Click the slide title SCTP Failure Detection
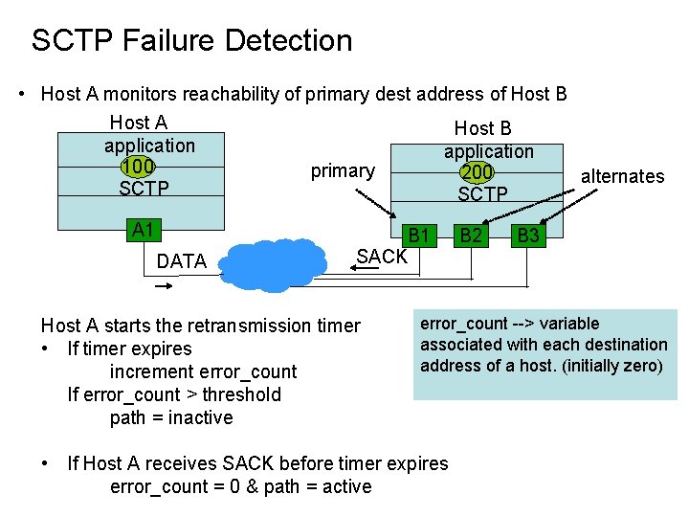(191, 41)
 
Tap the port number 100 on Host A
(139, 167)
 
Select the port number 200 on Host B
(476, 172)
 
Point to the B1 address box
(419, 235)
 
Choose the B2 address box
(470, 235)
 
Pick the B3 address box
(528, 235)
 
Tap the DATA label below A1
(181, 261)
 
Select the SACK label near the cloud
(381, 256)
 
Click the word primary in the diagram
(343, 171)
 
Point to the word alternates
(622, 176)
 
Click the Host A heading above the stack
(139, 123)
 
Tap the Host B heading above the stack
(482, 128)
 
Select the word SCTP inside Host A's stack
(144, 189)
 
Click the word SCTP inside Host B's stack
(482, 194)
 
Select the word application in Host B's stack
(488, 151)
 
